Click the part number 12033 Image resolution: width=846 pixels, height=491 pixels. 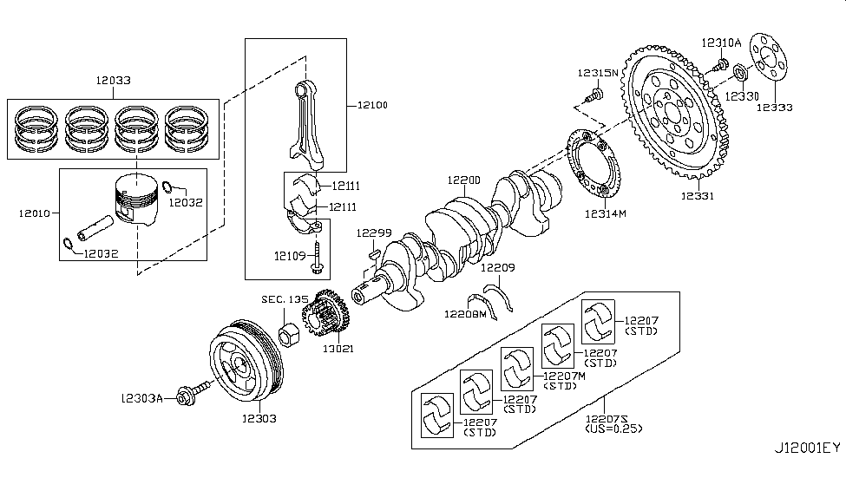(113, 80)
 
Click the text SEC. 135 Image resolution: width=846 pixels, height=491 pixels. (285, 298)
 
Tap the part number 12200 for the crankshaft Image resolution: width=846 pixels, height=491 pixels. (463, 180)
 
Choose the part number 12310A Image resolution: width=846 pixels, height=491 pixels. (721, 43)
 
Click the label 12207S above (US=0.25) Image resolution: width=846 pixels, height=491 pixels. (612, 418)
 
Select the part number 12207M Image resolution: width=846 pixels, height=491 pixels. (564, 376)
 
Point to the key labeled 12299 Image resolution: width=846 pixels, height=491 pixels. (373, 252)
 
